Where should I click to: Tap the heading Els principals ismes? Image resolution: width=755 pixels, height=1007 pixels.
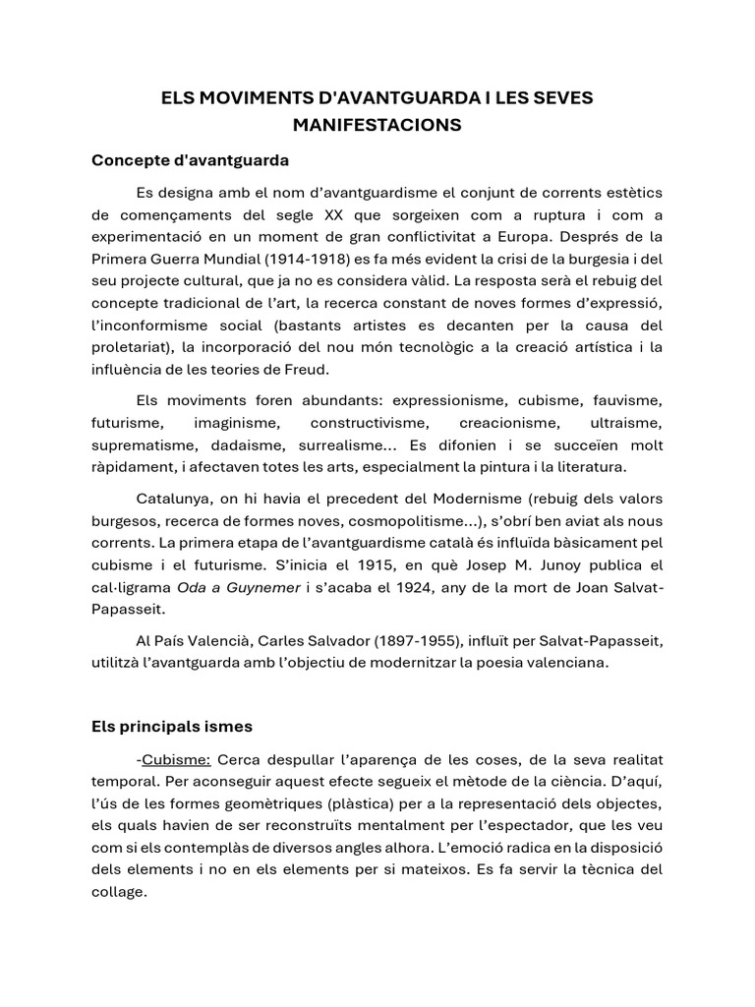click(172, 727)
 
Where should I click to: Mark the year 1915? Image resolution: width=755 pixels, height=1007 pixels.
click(340, 564)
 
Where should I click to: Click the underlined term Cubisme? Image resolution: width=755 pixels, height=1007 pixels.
click(177, 760)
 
